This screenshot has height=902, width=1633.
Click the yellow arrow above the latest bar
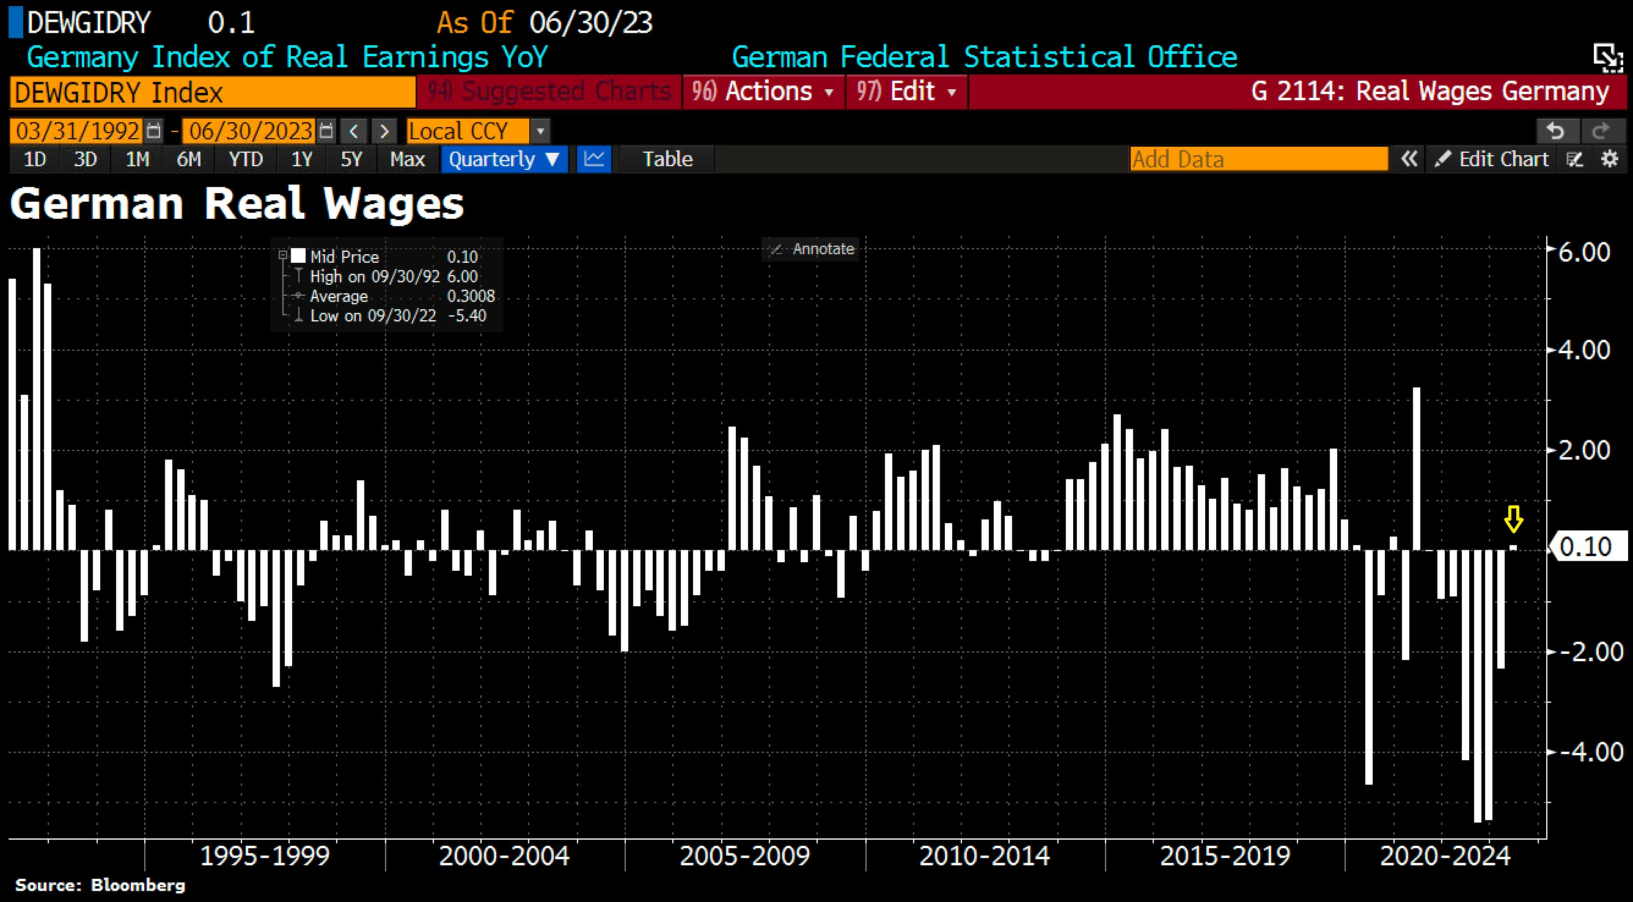click(x=1513, y=519)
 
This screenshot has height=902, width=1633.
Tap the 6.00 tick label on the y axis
click(x=1583, y=252)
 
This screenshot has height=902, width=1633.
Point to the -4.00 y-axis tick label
click(x=1590, y=752)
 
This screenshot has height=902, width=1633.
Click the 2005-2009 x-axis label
click(x=744, y=856)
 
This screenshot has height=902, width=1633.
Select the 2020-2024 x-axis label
click(x=1445, y=856)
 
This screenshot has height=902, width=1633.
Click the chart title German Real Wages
click(x=237, y=204)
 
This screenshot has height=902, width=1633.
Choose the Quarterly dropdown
click(x=504, y=159)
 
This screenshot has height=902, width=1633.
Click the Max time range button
click(x=407, y=159)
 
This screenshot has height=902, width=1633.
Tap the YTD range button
click(x=245, y=159)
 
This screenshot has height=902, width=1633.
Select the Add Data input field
click(x=1258, y=159)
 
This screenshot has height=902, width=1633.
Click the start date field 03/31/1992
click(x=78, y=131)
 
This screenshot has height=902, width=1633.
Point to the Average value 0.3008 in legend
click(x=471, y=296)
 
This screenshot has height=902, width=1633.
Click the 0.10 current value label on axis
click(x=1585, y=546)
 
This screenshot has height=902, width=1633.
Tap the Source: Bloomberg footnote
click(x=100, y=885)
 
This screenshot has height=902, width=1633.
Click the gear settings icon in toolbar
click(x=1610, y=159)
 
